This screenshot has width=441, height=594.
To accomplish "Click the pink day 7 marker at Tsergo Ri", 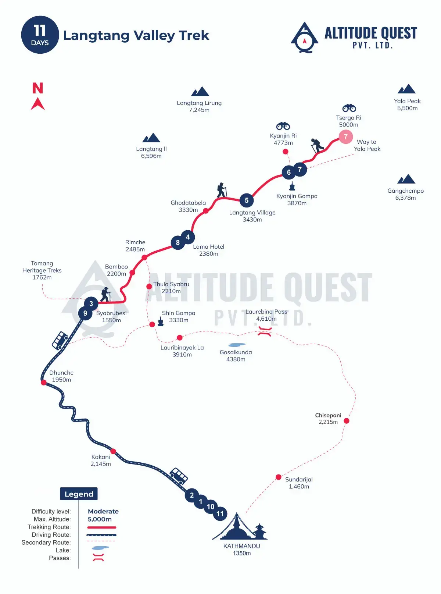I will pyautogui.click(x=345, y=137).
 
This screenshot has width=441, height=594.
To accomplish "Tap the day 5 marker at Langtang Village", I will pyautogui.click(x=247, y=200).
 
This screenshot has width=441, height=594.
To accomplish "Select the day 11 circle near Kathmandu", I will pyautogui.click(x=220, y=514).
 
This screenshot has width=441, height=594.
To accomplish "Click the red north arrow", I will pyautogui.click(x=37, y=103).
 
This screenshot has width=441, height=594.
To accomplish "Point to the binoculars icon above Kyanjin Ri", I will pyautogui.click(x=283, y=126).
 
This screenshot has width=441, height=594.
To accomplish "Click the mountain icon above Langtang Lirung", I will pyautogui.click(x=200, y=92).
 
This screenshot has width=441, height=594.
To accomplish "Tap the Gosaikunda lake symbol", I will pyautogui.click(x=237, y=345).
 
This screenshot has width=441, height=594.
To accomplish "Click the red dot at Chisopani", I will pyautogui.click(x=346, y=421).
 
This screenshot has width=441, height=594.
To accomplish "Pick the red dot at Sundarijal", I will pyautogui.click(x=279, y=477).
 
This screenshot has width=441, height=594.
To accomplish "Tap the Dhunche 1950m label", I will pyautogui.click(x=61, y=376).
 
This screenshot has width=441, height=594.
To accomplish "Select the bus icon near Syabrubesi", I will pyautogui.click(x=60, y=340).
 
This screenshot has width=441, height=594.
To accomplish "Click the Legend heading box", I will pyautogui.click(x=79, y=494).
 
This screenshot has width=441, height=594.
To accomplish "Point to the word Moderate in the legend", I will pyautogui.click(x=103, y=511).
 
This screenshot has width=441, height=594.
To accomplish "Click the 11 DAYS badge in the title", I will pyautogui.click(x=40, y=35).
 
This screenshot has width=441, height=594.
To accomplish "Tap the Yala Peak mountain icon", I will pyautogui.click(x=406, y=89).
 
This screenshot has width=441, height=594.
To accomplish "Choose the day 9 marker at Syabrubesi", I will pyautogui.click(x=85, y=313).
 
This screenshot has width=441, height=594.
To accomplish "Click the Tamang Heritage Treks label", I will pyautogui.click(x=42, y=270).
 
